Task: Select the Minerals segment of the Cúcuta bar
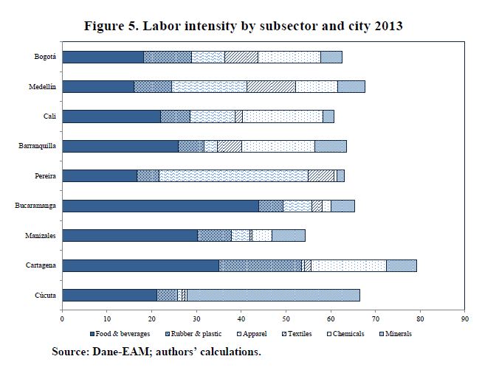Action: click(273, 295)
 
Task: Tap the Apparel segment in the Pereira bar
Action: click(233, 175)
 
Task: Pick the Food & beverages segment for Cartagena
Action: click(140, 265)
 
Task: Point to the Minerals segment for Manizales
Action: click(289, 235)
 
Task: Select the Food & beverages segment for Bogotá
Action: click(103, 57)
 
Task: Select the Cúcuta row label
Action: click(47, 295)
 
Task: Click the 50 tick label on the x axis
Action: click(286, 319)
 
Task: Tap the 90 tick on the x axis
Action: click(464, 319)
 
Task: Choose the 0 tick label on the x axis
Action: click(62, 319)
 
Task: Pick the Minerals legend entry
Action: click(394, 334)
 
